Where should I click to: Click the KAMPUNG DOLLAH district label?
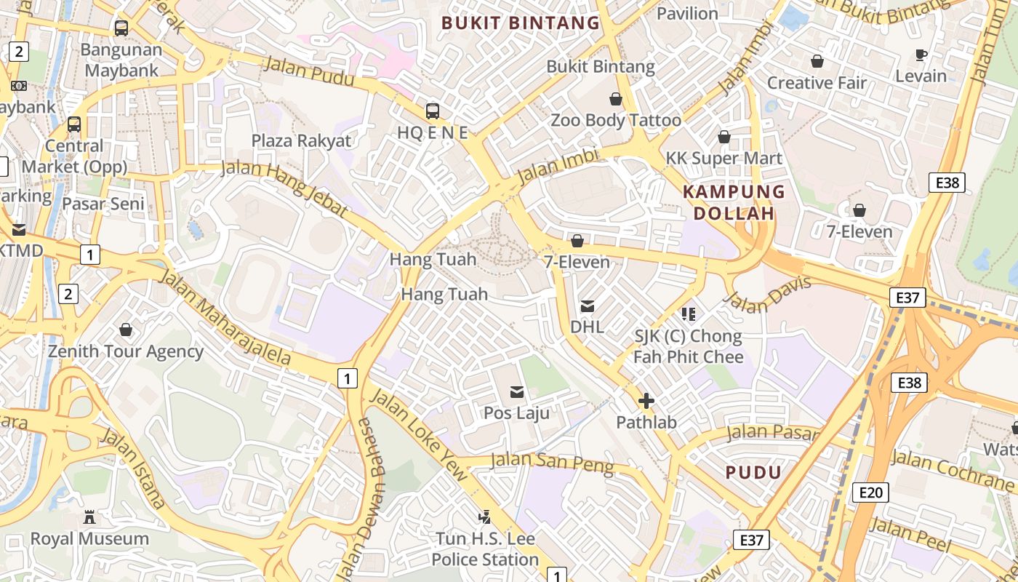point(734,202)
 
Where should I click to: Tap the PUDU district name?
point(753,472)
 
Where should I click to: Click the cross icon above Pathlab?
point(646,401)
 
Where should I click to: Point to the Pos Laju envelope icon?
point(517,392)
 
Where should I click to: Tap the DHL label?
point(587,327)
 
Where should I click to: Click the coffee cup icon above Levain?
point(921,55)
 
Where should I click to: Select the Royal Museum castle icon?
point(89,517)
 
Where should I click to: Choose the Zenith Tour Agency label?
point(126,351)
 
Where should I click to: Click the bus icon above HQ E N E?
point(432,111)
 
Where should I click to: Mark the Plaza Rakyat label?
point(301,140)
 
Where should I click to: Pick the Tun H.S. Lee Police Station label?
point(485,549)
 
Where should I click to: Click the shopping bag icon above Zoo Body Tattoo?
point(616,99)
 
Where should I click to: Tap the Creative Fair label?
point(817,83)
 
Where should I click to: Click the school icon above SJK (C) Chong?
point(688,314)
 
